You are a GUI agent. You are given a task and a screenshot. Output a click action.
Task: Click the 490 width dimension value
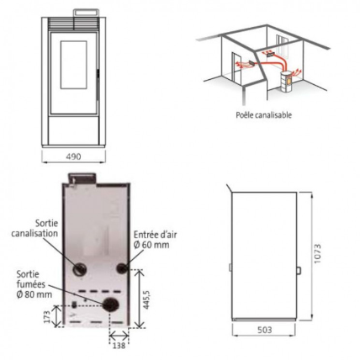click(x=73, y=156)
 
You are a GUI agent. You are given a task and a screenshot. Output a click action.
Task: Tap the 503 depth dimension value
click(x=264, y=330)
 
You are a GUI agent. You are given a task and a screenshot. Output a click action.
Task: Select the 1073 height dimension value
click(x=317, y=254)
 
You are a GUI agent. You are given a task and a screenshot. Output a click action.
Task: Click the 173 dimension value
click(x=47, y=316)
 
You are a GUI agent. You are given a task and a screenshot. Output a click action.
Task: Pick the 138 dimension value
click(x=119, y=346)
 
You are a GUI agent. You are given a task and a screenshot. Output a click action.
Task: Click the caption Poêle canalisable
click(x=264, y=115)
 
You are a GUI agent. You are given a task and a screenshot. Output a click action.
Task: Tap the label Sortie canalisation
click(x=34, y=228)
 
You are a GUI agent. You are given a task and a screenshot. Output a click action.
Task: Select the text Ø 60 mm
click(x=151, y=245)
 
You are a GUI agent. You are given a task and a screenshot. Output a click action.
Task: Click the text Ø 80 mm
click(x=34, y=294)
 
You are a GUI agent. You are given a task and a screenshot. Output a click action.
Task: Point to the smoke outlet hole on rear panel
click(x=109, y=304)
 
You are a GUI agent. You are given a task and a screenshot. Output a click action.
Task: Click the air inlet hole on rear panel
click(x=122, y=268)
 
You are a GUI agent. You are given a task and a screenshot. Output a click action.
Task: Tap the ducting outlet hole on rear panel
click(x=80, y=270)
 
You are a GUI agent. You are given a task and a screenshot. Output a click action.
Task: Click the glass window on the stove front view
click(x=73, y=65)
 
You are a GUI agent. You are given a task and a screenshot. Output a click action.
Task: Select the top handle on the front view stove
click(x=86, y=13)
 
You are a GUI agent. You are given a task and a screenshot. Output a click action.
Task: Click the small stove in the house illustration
click(x=286, y=82)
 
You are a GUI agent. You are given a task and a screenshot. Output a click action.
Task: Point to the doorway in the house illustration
click(x=236, y=67)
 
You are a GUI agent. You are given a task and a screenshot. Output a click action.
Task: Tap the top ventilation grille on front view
click(x=74, y=24)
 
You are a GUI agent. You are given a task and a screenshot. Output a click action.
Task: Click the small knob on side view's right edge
click(x=299, y=270)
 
